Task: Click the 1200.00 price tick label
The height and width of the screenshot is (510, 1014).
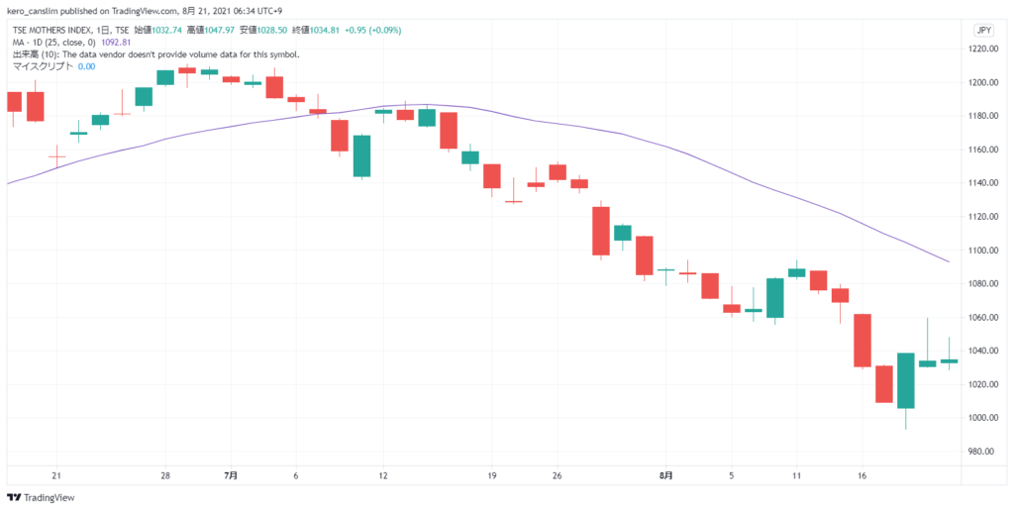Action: (x=988, y=82)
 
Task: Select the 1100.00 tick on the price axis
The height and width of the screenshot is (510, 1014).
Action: (x=988, y=251)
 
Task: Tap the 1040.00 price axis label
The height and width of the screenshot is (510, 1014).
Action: (x=988, y=351)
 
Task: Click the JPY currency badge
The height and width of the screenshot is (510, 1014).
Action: (x=984, y=31)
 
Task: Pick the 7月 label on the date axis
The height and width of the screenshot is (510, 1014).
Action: (x=231, y=475)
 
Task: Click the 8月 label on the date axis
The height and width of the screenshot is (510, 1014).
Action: (x=666, y=475)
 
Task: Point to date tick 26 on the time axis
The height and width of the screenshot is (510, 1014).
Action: (x=558, y=475)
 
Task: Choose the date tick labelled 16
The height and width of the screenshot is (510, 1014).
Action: (x=862, y=475)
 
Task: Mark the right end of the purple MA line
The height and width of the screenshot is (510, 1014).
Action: (x=949, y=261)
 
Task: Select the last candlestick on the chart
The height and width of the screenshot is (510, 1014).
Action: (x=949, y=361)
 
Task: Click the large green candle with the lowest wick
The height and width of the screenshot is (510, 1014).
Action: (x=906, y=380)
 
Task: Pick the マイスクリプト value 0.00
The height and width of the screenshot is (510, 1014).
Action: (x=86, y=66)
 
